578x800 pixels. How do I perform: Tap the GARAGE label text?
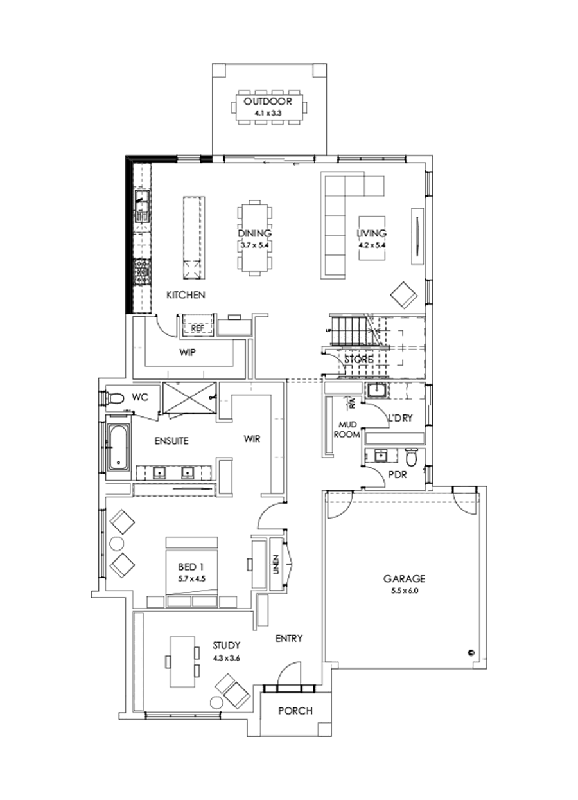tap(401, 578)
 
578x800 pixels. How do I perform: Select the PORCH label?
tap(295, 711)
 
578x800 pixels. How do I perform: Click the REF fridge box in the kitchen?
tap(198, 328)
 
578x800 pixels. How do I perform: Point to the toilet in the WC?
tap(114, 398)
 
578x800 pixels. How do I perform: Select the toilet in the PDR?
tap(412, 458)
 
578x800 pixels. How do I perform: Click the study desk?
tap(182, 662)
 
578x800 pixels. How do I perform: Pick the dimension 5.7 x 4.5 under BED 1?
tap(191, 579)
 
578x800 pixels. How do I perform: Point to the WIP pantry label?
tap(188, 353)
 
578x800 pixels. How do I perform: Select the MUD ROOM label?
tap(347, 429)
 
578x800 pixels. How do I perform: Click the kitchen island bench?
tap(192, 238)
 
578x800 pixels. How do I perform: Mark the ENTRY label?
tap(288, 638)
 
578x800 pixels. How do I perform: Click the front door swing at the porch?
tap(289, 675)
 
